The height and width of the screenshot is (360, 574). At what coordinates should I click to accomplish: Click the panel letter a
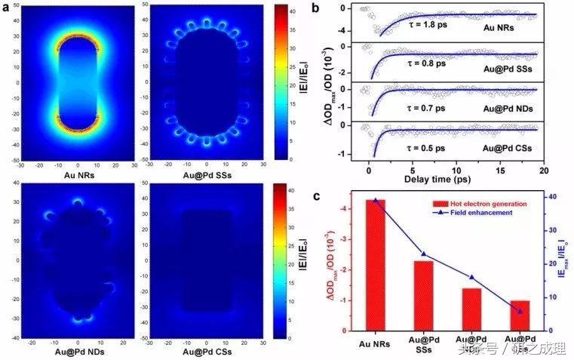(8, 9)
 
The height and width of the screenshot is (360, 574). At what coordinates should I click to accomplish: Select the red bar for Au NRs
(376, 264)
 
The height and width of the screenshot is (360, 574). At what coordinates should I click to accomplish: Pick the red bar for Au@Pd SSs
(423, 295)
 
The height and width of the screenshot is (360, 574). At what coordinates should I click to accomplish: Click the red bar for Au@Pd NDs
(471, 309)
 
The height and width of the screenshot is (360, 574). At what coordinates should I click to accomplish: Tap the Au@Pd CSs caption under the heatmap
(207, 352)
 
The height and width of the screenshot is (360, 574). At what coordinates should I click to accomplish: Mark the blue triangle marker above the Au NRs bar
(376, 200)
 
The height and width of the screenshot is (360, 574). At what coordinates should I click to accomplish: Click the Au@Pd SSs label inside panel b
(508, 67)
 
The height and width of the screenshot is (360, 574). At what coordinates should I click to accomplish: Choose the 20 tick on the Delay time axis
(542, 169)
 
